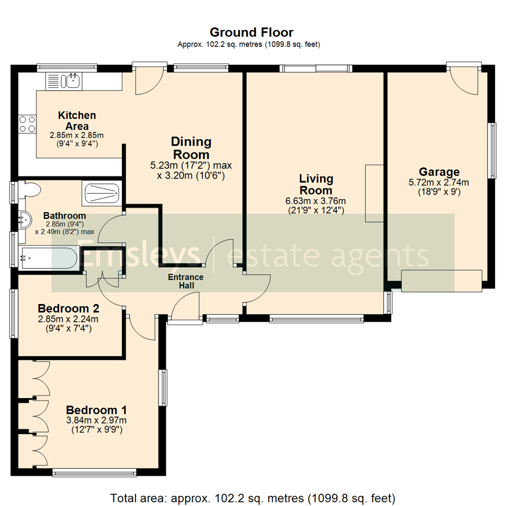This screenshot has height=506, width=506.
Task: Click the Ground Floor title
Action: point(252,32)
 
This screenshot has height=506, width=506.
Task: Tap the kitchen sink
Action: point(73,81)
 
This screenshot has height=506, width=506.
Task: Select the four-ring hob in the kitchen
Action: point(27,124)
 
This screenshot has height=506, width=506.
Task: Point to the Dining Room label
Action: point(191,148)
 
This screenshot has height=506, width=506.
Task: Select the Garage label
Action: point(439,172)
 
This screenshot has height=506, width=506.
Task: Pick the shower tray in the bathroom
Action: point(100,193)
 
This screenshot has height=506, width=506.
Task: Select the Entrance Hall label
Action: point(186,281)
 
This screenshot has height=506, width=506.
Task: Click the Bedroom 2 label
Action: point(68,309)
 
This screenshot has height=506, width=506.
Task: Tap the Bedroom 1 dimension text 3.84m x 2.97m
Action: point(96,420)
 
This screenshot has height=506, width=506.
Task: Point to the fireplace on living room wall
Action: point(374,193)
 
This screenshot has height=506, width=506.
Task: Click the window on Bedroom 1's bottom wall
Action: point(95,473)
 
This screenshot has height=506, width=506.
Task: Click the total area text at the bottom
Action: point(253,497)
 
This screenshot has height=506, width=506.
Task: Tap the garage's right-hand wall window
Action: point(492,150)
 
